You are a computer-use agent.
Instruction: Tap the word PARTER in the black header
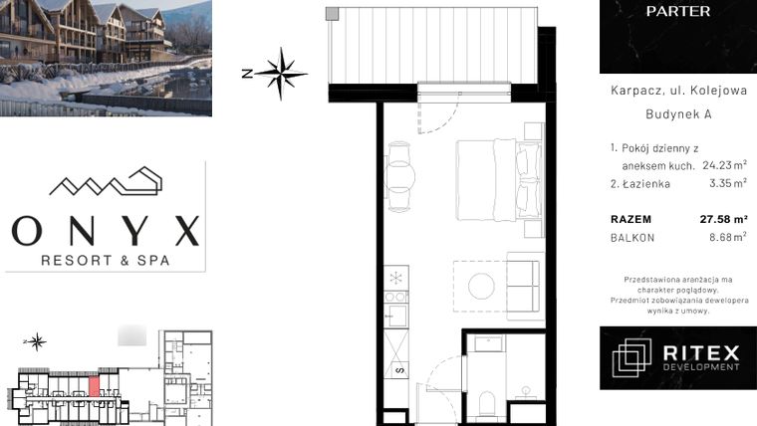677,12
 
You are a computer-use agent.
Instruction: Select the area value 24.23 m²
724,165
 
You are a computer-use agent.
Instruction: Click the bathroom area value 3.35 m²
727,184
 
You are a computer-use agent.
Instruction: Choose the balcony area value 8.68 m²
724,237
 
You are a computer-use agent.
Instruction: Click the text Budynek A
677,113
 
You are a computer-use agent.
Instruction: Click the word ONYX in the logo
105,232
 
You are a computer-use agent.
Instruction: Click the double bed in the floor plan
498,176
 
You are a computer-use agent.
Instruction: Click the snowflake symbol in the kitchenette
396,276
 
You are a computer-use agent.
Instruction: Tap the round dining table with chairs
401,174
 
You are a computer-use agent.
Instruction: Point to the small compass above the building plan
37,342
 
